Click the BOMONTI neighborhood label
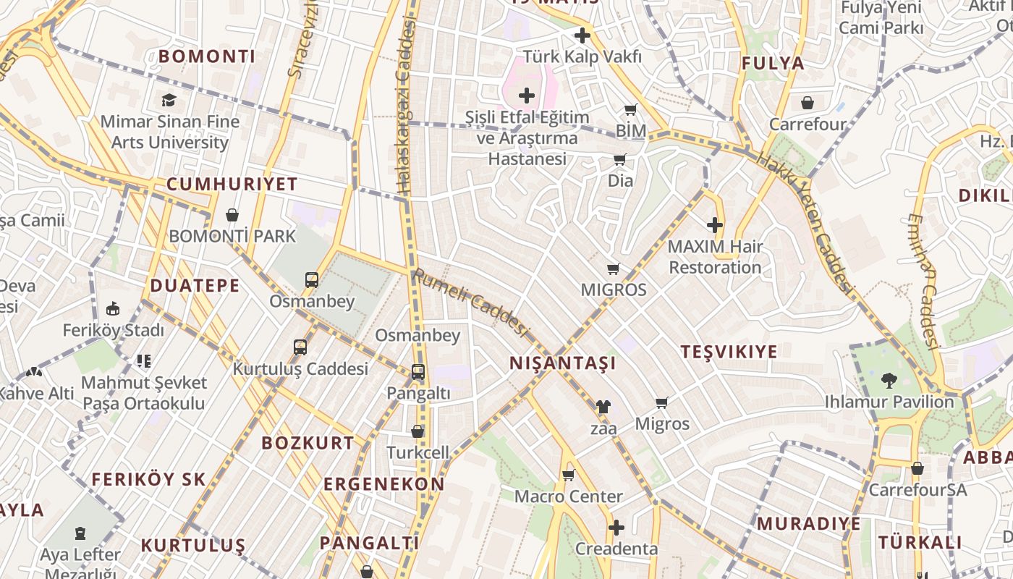click(x=207, y=56)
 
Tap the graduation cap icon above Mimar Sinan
click(x=169, y=100)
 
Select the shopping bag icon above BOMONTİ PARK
click(x=232, y=215)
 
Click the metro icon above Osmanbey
click(x=312, y=280)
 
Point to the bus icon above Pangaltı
click(x=418, y=372)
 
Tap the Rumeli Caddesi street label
click(x=471, y=302)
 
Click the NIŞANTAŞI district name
click(x=563, y=363)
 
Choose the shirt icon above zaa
click(x=603, y=407)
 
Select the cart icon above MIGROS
click(x=614, y=269)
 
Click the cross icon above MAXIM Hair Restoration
click(x=715, y=225)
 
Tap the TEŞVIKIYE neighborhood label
click(x=729, y=352)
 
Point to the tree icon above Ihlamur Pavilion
click(x=889, y=380)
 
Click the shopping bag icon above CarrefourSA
click(x=917, y=468)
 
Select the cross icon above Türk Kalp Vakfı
click(x=582, y=35)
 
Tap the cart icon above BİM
click(x=630, y=110)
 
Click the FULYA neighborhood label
click(x=773, y=63)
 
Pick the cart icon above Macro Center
click(x=568, y=476)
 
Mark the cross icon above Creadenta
click(x=616, y=528)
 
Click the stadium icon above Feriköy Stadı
click(x=113, y=308)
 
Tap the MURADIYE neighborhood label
click(x=809, y=523)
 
